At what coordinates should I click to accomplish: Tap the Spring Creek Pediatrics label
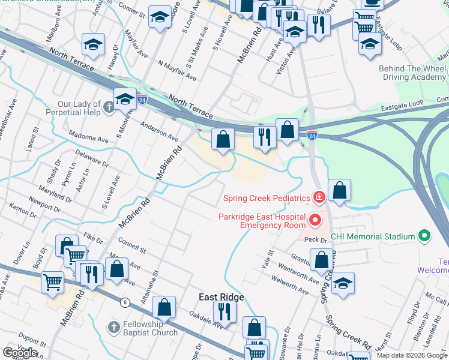point(267,198)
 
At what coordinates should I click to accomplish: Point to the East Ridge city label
point(221,298)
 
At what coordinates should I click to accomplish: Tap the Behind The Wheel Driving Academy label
point(412,73)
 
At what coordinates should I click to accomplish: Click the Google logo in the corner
point(20,353)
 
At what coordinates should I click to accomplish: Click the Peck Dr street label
point(315,239)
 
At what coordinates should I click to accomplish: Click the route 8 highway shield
point(125,302)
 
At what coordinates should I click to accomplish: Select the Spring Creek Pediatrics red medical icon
point(319,197)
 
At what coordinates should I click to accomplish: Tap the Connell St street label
point(132,244)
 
